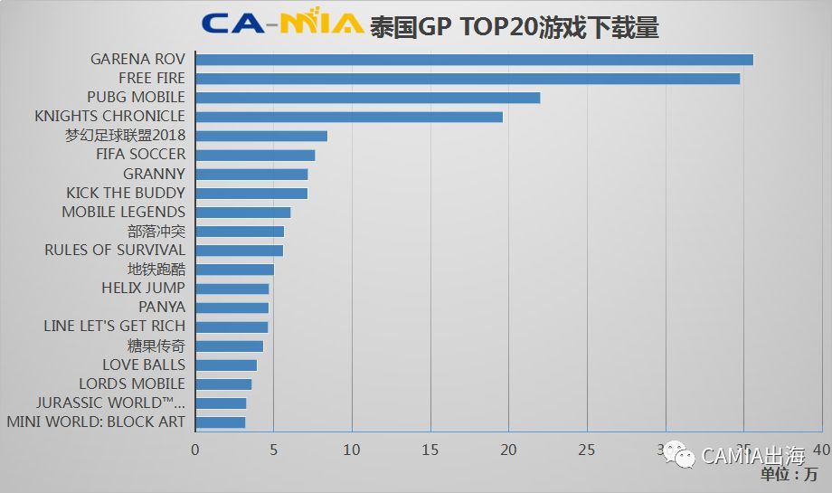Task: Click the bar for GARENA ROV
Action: pyautogui.click(x=474, y=60)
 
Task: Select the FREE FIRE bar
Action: pyautogui.click(x=468, y=79)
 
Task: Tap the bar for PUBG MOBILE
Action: pyautogui.click(x=367, y=98)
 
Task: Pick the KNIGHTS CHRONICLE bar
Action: pyautogui.click(x=349, y=117)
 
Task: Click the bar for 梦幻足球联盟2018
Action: pyautogui.click(x=261, y=136)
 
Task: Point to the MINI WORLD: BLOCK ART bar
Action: pyautogui.click(x=220, y=422)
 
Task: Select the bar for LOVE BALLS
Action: pyautogui.click(x=226, y=365)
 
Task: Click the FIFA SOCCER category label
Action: pyautogui.click(x=140, y=155)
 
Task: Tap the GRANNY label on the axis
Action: pyautogui.click(x=154, y=174)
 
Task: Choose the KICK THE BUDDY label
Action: pyautogui.click(x=126, y=193)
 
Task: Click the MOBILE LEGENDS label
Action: pyautogui.click(x=123, y=212)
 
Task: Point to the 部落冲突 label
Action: pyautogui.click(x=156, y=231)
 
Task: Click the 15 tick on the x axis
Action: pyautogui.click(x=430, y=450)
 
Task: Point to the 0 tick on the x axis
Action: pyautogui.click(x=194, y=450)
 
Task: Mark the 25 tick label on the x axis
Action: pyautogui.click(x=587, y=450)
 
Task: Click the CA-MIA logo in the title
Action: pyautogui.click(x=281, y=24)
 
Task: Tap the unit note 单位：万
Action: pyautogui.click(x=789, y=475)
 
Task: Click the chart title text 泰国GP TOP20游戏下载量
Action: pyautogui.click(x=514, y=26)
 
